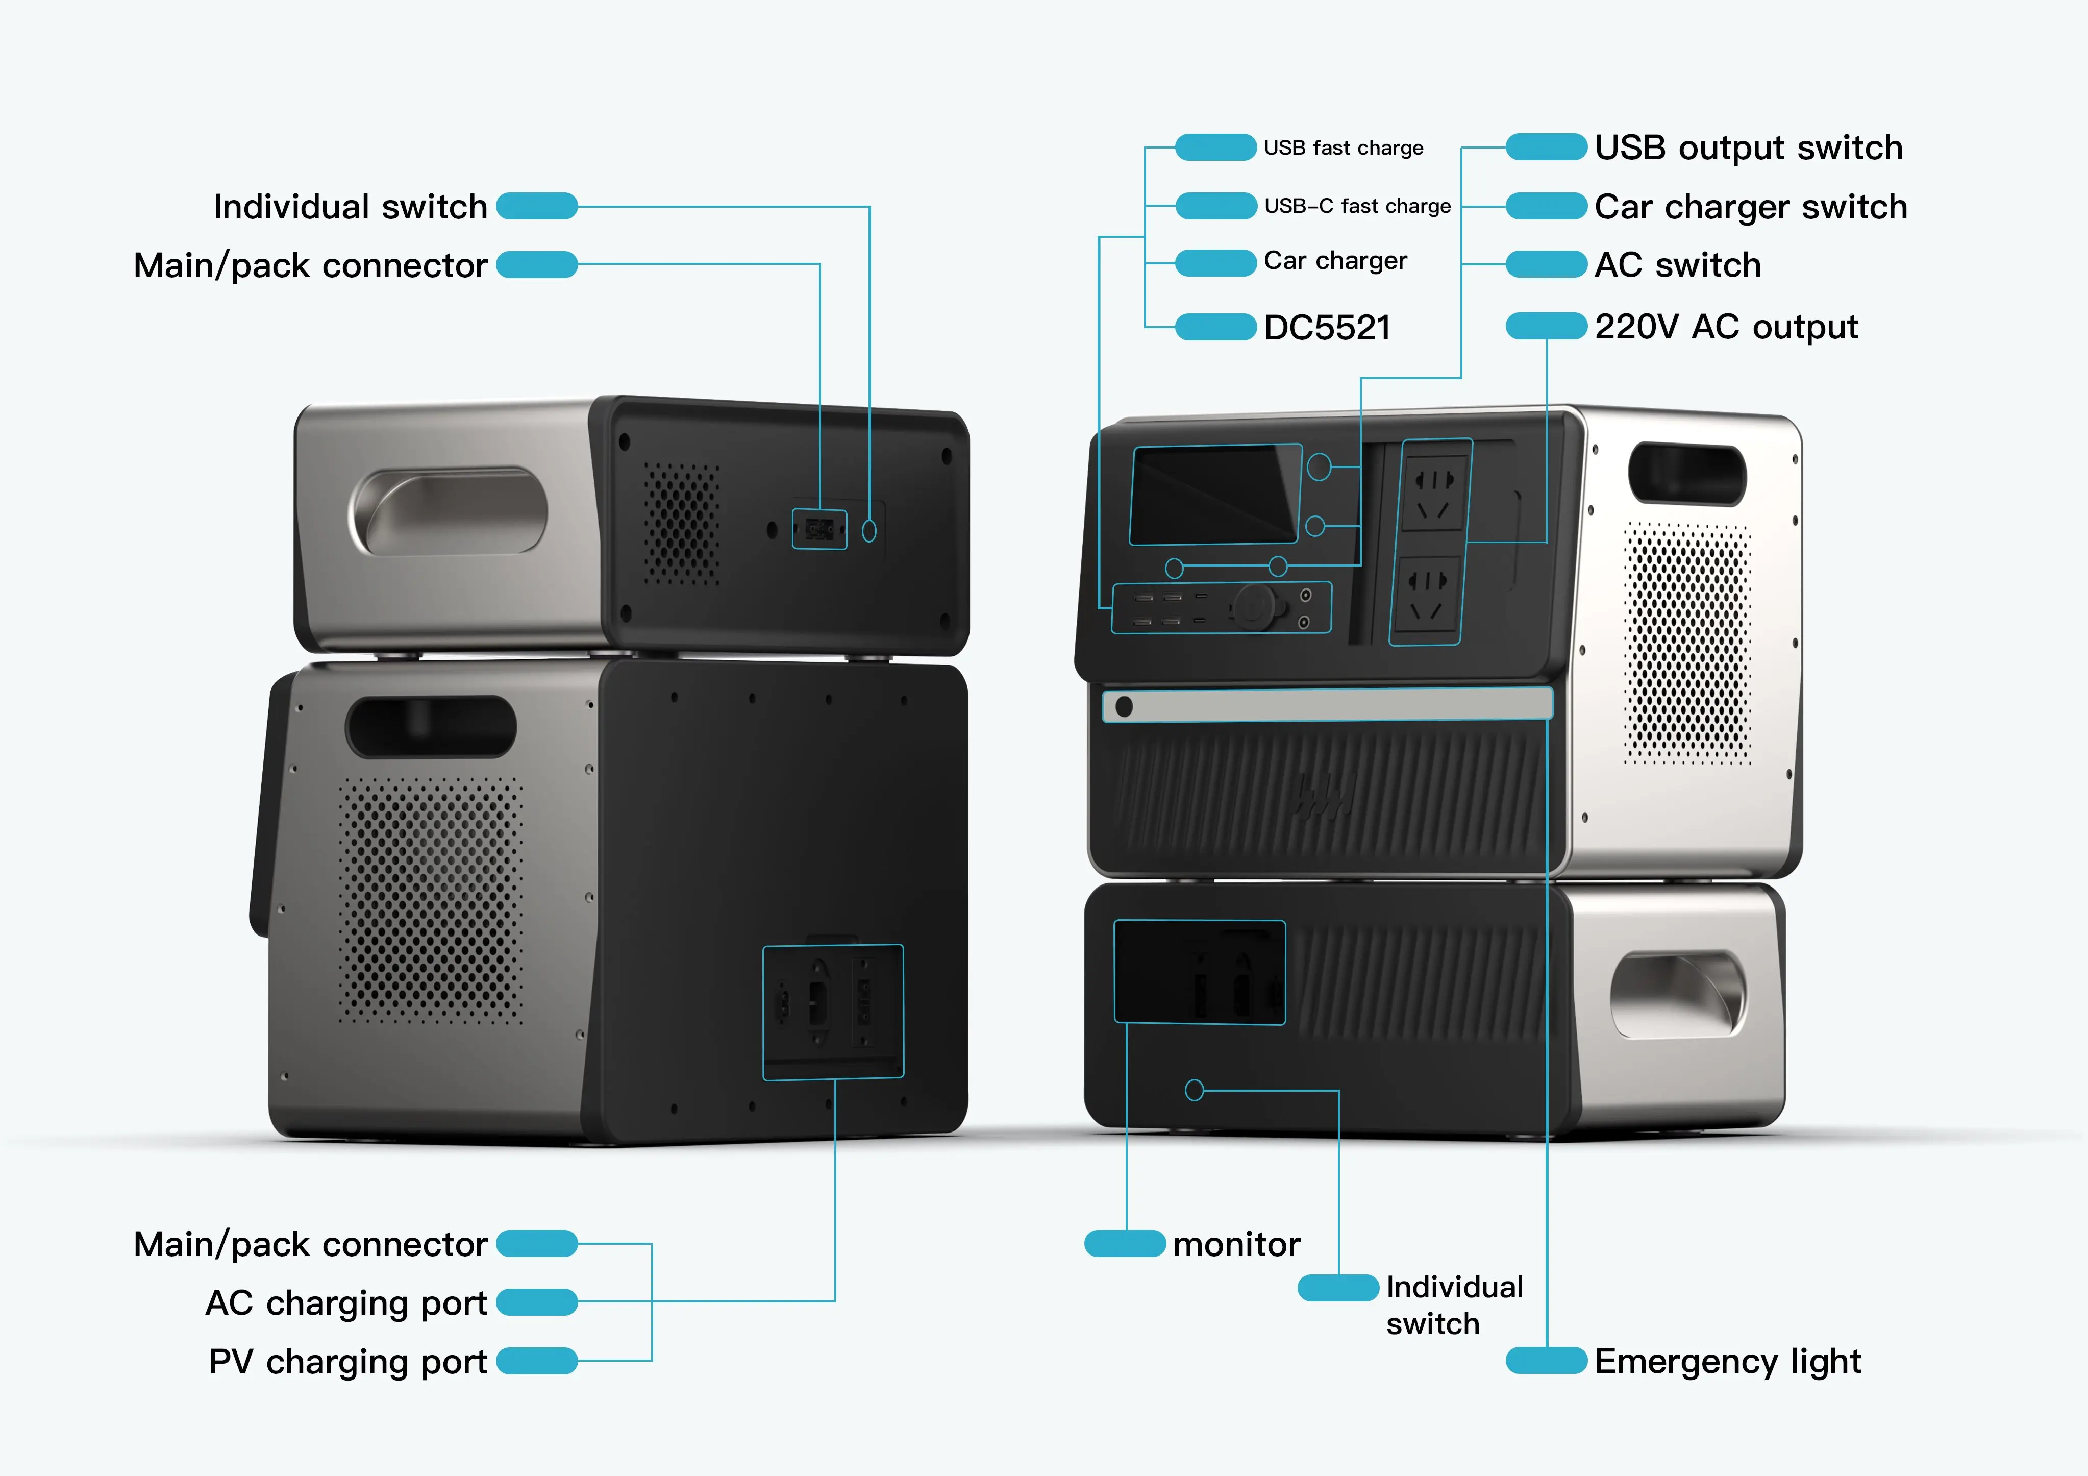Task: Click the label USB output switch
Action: click(x=1748, y=147)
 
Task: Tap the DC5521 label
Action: click(x=1327, y=327)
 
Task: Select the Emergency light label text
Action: click(x=1727, y=1361)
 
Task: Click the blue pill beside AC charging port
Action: click(x=537, y=1302)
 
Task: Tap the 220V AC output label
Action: click(x=1726, y=327)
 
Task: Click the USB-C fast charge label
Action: click(x=1357, y=206)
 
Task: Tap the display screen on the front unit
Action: click(x=1214, y=495)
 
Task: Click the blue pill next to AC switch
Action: click(x=1546, y=265)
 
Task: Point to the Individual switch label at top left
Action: click(x=350, y=206)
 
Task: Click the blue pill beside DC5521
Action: click(x=1215, y=327)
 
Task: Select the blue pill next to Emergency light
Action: click(x=1546, y=1361)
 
